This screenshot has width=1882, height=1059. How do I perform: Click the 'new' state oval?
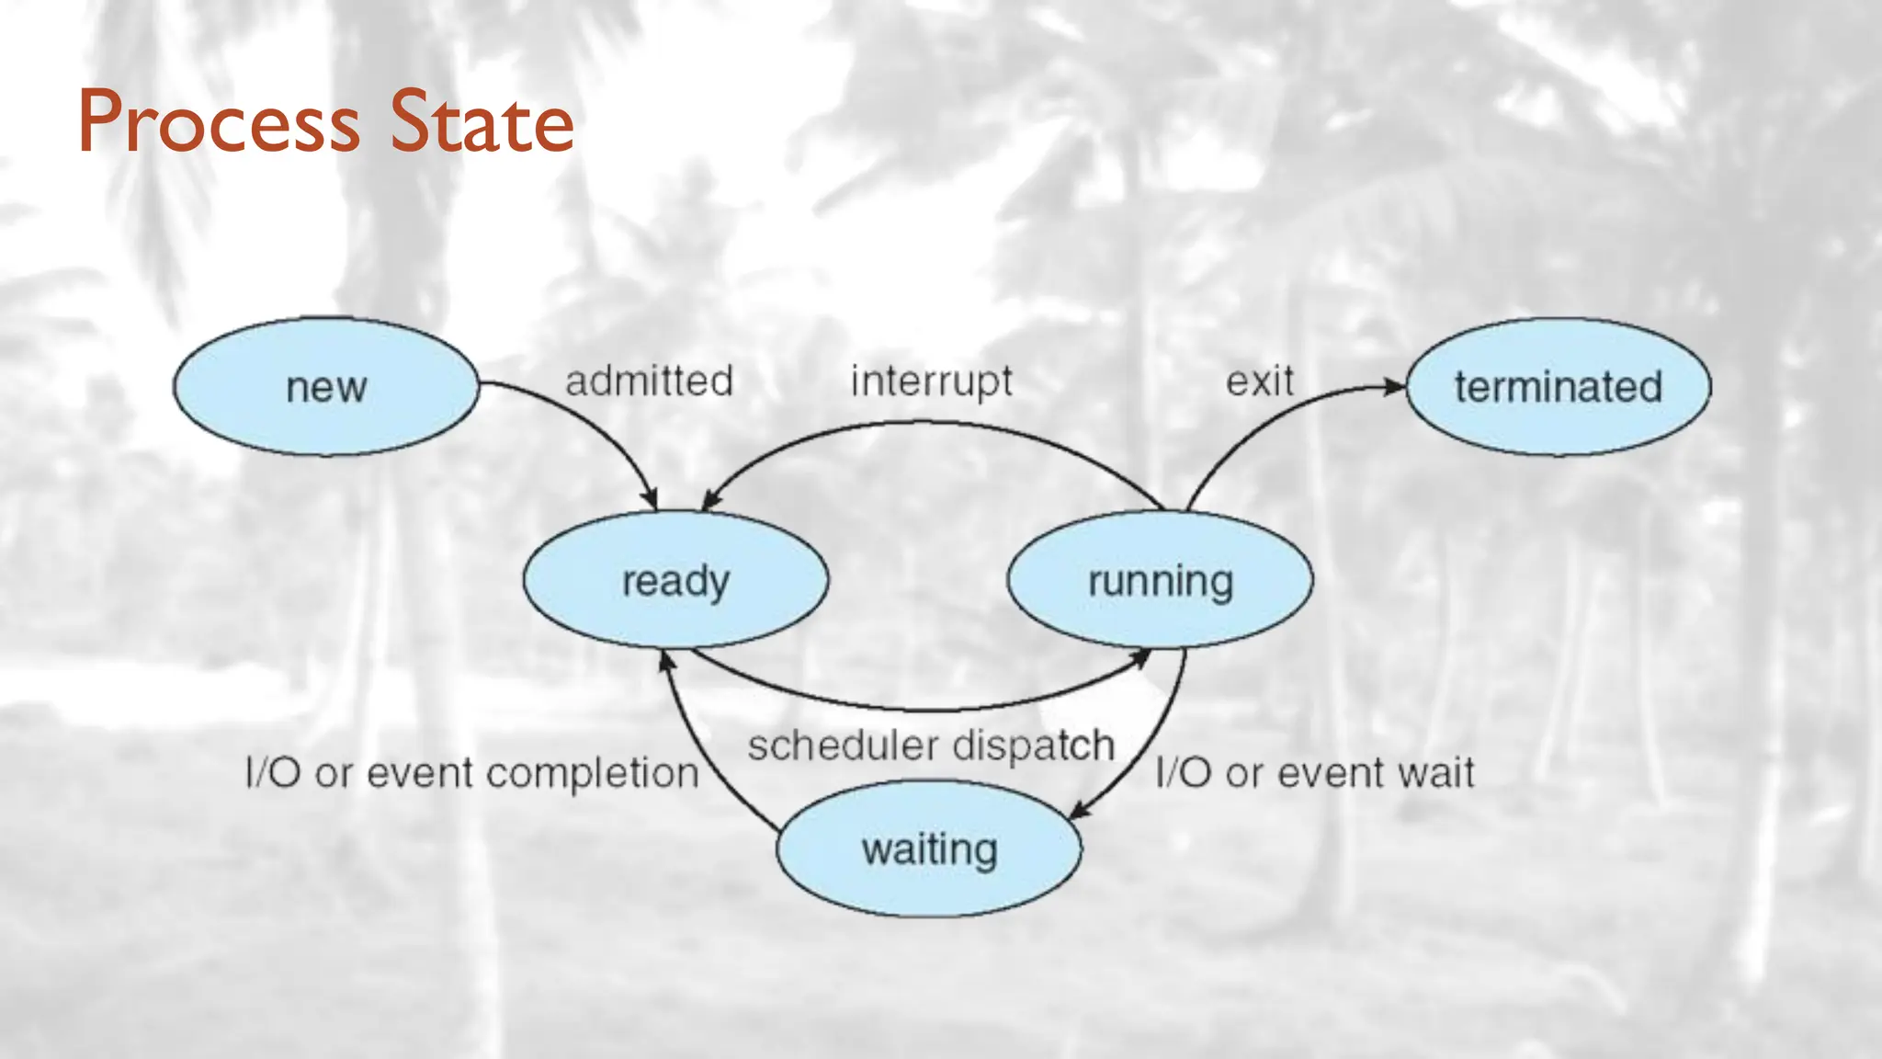tap(326, 387)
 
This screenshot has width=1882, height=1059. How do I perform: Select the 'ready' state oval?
tap(675, 580)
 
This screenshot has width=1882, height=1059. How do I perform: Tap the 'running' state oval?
tap(1160, 580)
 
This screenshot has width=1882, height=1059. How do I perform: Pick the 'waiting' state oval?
tap(929, 848)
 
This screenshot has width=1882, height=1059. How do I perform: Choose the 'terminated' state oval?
tap(1559, 387)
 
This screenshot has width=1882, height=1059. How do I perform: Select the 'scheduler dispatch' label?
tap(930, 746)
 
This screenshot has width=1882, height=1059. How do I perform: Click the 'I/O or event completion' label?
tap(472, 773)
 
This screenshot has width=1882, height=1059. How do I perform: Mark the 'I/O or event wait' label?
tap(1314, 773)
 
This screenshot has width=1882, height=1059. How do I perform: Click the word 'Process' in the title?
tap(219, 122)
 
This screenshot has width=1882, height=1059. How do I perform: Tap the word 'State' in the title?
tap(482, 122)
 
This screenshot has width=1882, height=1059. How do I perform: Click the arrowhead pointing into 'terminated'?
tap(1396, 387)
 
